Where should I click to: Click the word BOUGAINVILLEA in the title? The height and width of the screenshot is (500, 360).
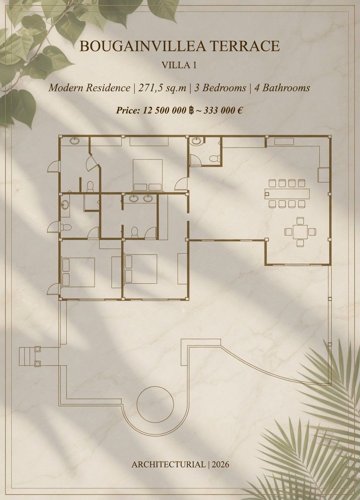point(142,46)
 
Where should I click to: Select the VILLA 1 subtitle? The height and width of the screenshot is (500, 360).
point(179,65)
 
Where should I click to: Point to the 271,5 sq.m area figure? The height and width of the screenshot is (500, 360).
point(162,88)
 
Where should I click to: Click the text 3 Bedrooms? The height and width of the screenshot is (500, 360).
point(220,88)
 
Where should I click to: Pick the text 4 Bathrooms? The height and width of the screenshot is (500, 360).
point(282,88)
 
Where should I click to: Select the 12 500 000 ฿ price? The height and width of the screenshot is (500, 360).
point(167,110)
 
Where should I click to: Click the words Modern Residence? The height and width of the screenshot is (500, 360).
point(89,88)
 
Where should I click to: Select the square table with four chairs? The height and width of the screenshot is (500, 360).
point(300,232)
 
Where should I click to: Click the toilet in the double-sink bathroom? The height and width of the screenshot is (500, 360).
point(135,232)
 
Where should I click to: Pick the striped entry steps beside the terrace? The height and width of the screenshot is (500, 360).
point(25,356)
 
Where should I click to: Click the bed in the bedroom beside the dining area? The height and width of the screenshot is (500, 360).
point(147,175)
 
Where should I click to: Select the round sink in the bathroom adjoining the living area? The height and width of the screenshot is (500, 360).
point(197,141)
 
